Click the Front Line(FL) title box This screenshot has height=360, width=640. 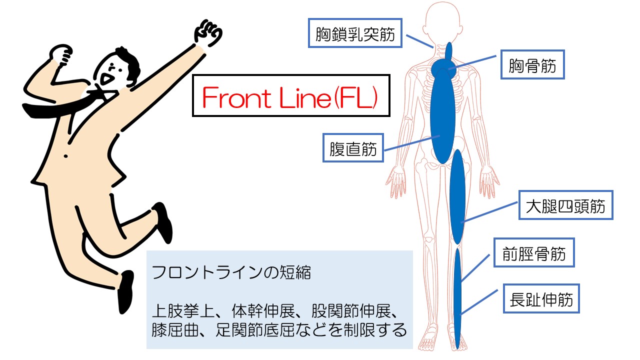coord(290,96)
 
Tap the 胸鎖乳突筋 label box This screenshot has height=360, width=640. coord(355,34)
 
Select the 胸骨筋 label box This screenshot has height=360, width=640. coord(532,64)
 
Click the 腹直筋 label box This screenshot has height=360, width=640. coord(353,147)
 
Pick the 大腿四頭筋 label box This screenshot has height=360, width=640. coord(565,205)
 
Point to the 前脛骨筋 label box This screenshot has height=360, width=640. coord(533,253)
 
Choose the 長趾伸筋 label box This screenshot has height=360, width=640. coord(540,299)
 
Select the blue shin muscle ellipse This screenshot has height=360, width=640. coord(457,295)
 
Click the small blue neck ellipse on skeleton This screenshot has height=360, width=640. coord(448,52)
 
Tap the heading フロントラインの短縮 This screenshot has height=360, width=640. coord(230,273)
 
